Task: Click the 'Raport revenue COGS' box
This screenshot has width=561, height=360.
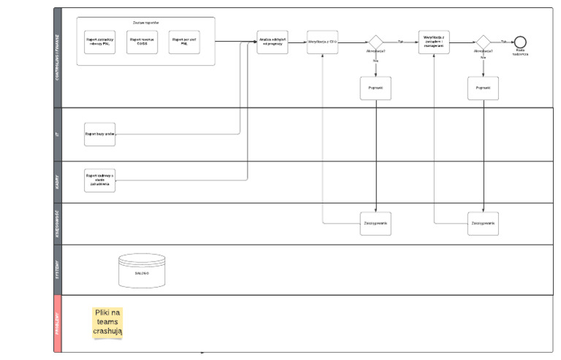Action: (x=142, y=42)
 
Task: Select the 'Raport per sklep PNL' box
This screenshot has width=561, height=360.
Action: (x=183, y=42)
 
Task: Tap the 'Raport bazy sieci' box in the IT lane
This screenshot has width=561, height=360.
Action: (x=99, y=134)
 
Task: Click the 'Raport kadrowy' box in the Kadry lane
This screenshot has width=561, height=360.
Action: (x=99, y=180)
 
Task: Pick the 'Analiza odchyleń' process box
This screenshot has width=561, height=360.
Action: (x=272, y=42)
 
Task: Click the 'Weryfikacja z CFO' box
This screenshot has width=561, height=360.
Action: (x=322, y=42)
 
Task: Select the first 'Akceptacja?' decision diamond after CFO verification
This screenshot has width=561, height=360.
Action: (x=375, y=42)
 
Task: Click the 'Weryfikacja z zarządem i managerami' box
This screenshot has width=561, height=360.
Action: (x=434, y=42)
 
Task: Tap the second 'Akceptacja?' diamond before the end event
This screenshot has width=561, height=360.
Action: (x=483, y=42)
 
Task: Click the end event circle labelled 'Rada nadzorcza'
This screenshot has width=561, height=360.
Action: (x=520, y=42)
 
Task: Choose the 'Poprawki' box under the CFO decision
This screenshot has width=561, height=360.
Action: (x=375, y=88)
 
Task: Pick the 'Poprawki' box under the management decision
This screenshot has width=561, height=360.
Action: (x=483, y=88)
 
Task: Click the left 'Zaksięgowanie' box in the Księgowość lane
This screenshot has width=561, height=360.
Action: (x=375, y=223)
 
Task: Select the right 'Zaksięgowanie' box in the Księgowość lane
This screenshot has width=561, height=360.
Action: (x=483, y=223)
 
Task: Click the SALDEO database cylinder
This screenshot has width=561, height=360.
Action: (x=142, y=271)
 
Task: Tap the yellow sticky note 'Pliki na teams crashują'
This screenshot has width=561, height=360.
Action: (x=107, y=322)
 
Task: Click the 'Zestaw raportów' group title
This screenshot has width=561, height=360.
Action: (x=145, y=23)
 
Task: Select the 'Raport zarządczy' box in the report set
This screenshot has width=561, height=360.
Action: (x=99, y=42)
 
